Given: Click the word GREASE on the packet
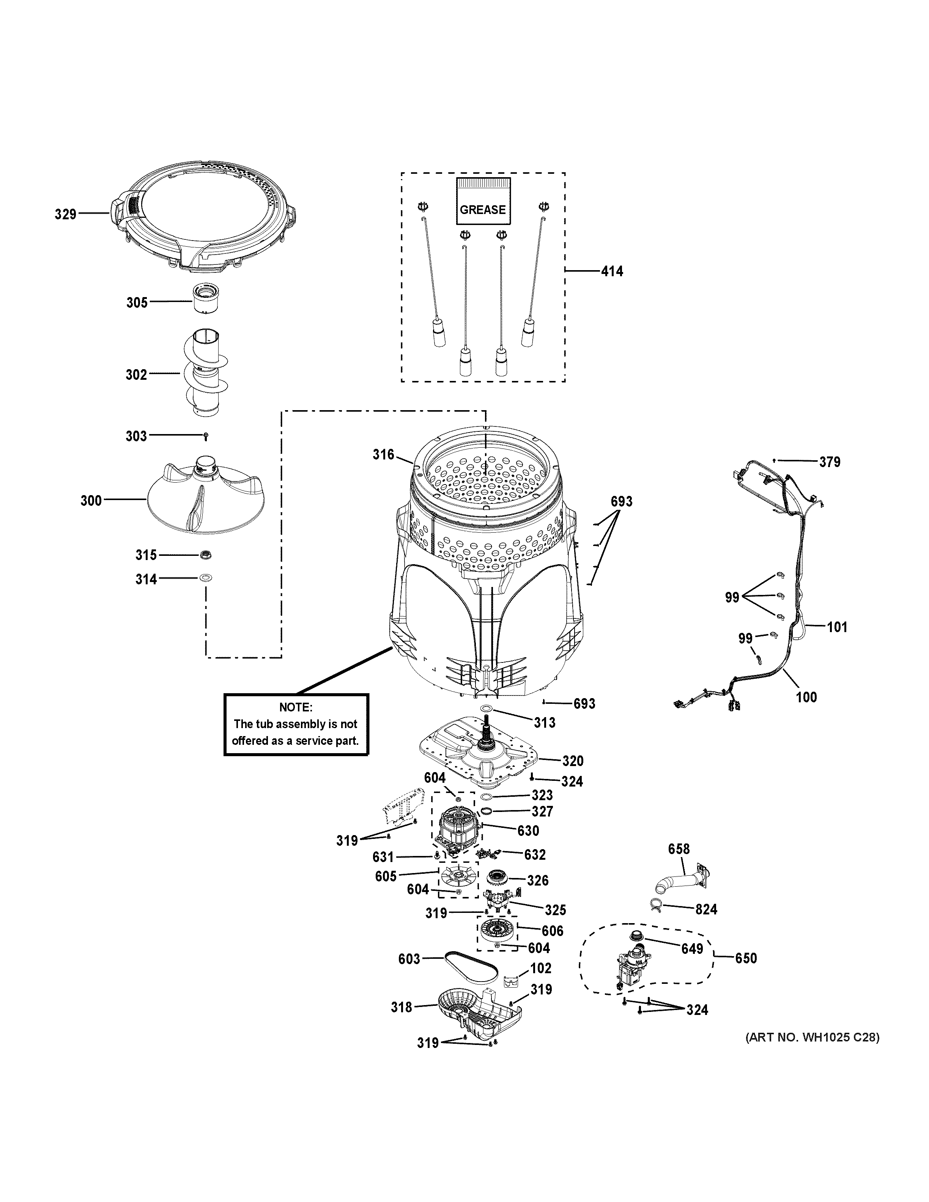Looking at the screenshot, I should (x=483, y=210).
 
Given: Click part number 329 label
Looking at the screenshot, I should (x=65, y=214).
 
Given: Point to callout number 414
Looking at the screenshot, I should (x=612, y=271).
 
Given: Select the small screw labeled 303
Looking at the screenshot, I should (x=205, y=436).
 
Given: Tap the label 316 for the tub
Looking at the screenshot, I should (x=383, y=454).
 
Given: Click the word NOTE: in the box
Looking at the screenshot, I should (x=296, y=707).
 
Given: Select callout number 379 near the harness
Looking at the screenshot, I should (x=830, y=462).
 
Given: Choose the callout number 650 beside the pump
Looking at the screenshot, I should (x=746, y=958).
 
